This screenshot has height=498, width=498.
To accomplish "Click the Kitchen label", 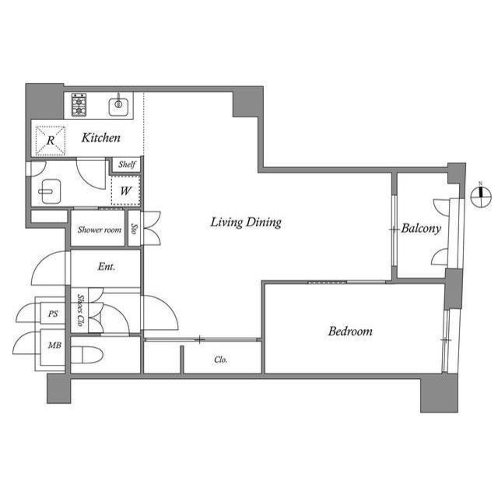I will click(x=102, y=139).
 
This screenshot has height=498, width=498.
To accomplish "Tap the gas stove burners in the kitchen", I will click(x=79, y=104).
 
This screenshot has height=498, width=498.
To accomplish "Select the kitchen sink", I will click(x=118, y=104).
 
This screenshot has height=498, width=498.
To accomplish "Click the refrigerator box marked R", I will click(x=50, y=140).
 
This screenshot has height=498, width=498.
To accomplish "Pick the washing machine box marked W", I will click(x=124, y=190).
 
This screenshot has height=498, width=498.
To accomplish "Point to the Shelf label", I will click(x=127, y=164).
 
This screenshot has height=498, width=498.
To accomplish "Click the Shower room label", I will click(x=100, y=230).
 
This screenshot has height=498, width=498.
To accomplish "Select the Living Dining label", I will click(x=246, y=223).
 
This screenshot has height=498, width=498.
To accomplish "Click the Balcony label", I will click(x=421, y=229).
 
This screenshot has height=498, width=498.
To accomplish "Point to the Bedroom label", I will click(x=350, y=331).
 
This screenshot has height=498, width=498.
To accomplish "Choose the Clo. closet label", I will click(x=221, y=360).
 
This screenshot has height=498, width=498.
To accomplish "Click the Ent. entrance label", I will click(x=107, y=267).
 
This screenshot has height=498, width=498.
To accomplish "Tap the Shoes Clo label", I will click(x=80, y=310).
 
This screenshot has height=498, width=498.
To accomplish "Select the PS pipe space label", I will click(x=53, y=314).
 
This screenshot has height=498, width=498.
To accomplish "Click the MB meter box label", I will click(x=54, y=345).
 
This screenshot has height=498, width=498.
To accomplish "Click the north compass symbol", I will click(x=482, y=197).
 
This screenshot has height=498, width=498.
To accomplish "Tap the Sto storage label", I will click(x=134, y=230).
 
